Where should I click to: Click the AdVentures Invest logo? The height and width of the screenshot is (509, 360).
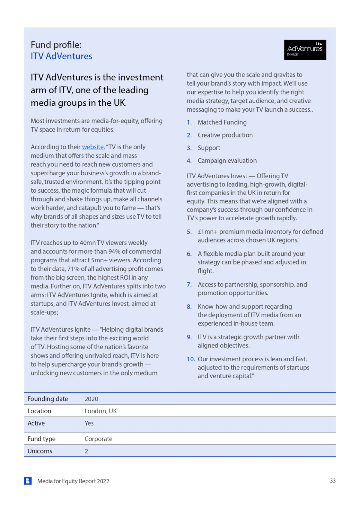pyautogui.click(x=305, y=50)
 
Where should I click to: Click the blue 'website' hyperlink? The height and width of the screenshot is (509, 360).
pyautogui.click(x=93, y=147)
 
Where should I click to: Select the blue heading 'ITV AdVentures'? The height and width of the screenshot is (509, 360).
pyautogui.click(x=61, y=56)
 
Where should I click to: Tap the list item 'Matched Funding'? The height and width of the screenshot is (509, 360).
pyautogui.click(x=222, y=122)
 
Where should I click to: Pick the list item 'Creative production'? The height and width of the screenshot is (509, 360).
pyautogui.click(x=225, y=135)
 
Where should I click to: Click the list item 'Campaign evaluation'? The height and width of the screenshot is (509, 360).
pyautogui.click(x=227, y=161)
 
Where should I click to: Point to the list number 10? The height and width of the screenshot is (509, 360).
pyautogui.click(x=191, y=359)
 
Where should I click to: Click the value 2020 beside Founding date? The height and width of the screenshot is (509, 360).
pyautogui.click(x=91, y=399)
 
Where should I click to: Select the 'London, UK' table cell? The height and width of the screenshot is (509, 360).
pyautogui.click(x=100, y=411)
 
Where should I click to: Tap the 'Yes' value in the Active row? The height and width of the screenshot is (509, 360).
pyautogui.click(x=89, y=423)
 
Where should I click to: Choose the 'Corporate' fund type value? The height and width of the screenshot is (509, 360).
pyautogui.click(x=98, y=439)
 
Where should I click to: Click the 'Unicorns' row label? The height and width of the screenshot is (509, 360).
pyautogui.click(x=40, y=451)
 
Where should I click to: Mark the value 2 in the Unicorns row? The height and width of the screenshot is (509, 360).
pyautogui.click(x=86, y=451)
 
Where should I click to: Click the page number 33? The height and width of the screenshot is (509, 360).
pyautogui.click(x=332, y=481)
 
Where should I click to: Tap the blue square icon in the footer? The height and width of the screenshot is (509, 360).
pyautogui.click(x=28, y=481)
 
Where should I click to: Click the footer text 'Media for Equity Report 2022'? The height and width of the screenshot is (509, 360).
pyautogui.click(x=73, y=481)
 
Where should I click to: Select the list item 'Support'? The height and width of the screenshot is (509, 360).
pyautogui.click(x=209, y=148)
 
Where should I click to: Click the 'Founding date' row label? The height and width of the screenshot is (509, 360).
pyautogui.click(x=48, y=399)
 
